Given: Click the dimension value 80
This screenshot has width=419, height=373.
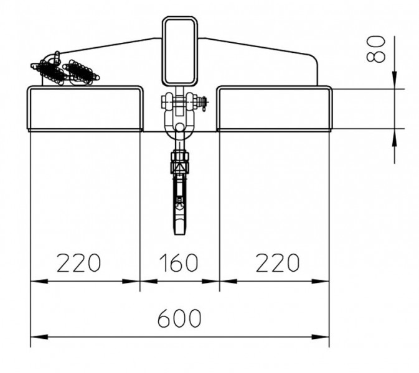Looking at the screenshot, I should click(x=377, y=48).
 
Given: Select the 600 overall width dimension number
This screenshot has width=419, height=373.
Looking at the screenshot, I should click(x=179, y=318).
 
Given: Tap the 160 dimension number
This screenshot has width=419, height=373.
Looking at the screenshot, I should click(x=179, y=263).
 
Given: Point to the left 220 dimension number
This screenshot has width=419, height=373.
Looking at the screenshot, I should click(x=79, y=263).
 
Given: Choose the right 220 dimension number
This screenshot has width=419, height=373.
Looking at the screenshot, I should click(x=277, y=263).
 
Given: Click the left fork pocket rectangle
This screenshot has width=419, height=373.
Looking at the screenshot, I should click(x=85, y=109).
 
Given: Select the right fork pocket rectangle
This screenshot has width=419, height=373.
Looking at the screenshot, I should click(x=274, y=109).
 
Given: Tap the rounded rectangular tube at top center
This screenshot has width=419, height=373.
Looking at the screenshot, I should click(x=179, y=52).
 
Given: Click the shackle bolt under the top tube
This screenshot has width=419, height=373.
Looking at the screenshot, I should click(x=181, y=101).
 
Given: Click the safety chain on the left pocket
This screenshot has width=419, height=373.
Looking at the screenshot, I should click(x=65, y=70).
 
